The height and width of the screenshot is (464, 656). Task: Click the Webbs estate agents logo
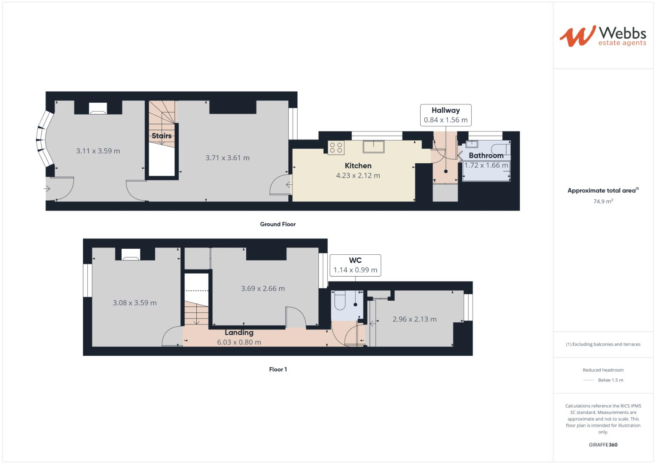pyautogui.click(x=603, y=36)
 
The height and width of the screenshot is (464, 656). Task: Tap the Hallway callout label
pyautogui.click(x=446, y=115)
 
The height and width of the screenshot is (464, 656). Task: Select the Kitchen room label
pyautogui.click(x=358, y=166)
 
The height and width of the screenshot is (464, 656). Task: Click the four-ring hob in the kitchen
pyautogui.click(x=336, y=147)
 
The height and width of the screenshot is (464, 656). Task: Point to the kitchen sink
pyautogui.click(x=373, y=147)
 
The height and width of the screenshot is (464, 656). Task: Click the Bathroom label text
pyautogui.click(x=486, y=156)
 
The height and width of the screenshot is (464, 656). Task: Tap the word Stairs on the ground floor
pyautogui.click(x=162, y=136)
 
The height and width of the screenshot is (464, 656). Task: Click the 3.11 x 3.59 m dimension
pyautogui.click(x=98, y=151)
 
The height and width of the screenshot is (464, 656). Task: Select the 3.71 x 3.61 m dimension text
pyautogui.click(x=228, y=158)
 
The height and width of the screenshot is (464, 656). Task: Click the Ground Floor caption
pyautogui.click(x=278, y=224)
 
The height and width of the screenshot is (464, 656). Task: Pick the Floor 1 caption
pyautogui.click(x=278, y=369)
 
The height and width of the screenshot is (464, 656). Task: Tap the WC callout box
pyautogui.click(x=355, y=266)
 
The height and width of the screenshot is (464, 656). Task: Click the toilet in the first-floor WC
pyautogui.click(x=340, y=300)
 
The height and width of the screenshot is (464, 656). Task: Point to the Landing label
pyautogui.click(x=239, y=333)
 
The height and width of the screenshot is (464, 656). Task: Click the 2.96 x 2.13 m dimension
pyautogui.click(x=415, y=319)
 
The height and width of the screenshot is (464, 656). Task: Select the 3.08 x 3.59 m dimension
pyautogui.click(x=135, y=302)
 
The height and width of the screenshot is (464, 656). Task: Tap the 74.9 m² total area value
pyautogui.click(x=603, y=201)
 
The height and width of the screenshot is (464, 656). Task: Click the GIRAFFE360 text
pyautogui.click(x=603, y=445)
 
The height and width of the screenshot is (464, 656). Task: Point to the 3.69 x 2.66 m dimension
pyautogui.click(x=262, y=289)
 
